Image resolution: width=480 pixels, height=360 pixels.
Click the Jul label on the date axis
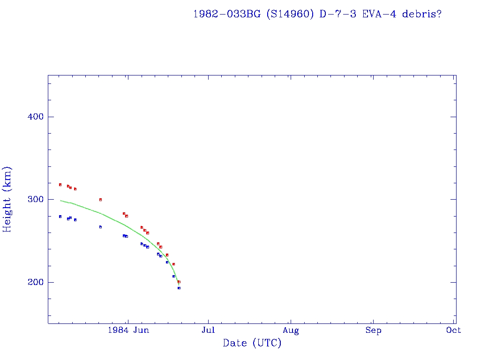coord(208,330)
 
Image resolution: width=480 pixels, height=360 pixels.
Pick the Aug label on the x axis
coord(291,330)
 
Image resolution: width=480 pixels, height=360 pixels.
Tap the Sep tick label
coord(373,330)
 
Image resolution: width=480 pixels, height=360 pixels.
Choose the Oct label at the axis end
coord(454,330)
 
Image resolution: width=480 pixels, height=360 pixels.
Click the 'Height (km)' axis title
coord(7,199)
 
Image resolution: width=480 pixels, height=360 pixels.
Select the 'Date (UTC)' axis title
coord(252,343)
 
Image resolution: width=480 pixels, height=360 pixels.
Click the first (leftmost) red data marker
coord(60,185)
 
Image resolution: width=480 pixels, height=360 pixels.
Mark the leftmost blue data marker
coord(60,217)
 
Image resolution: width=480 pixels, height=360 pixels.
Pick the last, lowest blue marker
coord(179,288)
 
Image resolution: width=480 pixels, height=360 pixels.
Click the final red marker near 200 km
coord(179,282)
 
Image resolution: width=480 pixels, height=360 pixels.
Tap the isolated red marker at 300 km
coord(100,200)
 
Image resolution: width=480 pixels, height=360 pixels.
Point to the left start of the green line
coord(60,201)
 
